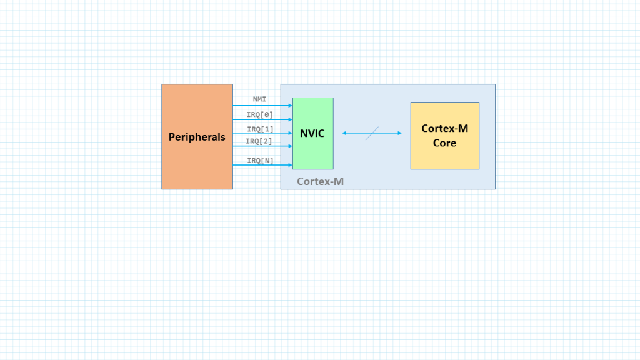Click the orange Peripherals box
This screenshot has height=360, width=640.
click(x=197, y=137)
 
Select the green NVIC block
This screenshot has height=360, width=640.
click(x=313, y=134)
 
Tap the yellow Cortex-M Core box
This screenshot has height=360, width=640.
click(x=445, y=136)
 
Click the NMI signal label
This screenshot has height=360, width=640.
click(x=259, y=99)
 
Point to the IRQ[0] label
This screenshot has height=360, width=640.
click(x=259, y=115)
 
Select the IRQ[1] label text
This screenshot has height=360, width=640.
click(x=261, y=129)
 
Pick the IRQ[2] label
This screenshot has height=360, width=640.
click(x=259, y=141)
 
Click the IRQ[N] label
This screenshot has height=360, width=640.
click(x=261, y=161)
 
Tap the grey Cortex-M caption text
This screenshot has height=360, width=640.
click(x=321, y=181)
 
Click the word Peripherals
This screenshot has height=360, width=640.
click(x=197, y=137)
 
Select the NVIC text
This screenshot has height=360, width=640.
click(x=312, y=134)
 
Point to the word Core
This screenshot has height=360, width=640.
click(x=444, y=143)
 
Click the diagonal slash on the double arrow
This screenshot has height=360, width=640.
click(x=372, y=134)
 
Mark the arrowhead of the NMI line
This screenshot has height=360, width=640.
click(x=290, y=105)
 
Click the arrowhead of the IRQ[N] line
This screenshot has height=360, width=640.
click(x=290, y=165)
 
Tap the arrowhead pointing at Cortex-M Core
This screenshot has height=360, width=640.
click(x=399, y=133)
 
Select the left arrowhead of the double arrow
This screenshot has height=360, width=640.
click(x=344, y=133)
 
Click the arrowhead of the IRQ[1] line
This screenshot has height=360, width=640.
click(x=290, y=132)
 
